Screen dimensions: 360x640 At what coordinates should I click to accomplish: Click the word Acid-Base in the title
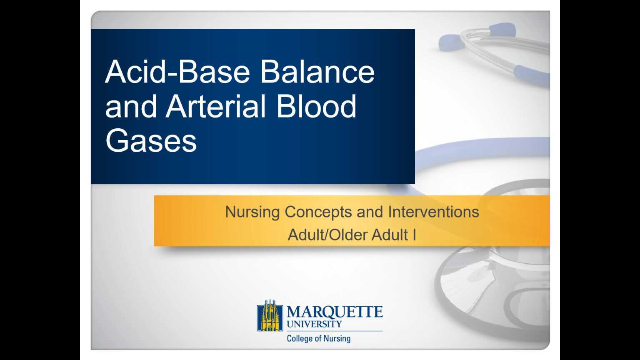(177, 72)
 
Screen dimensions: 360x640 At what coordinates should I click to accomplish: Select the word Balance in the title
(317, 72)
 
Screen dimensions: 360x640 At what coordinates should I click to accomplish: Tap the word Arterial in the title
(215, 106)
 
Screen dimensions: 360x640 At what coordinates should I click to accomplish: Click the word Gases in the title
(151, 141)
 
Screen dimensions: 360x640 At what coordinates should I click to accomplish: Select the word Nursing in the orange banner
(252, 212)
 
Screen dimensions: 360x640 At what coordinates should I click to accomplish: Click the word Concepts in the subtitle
(318, 212)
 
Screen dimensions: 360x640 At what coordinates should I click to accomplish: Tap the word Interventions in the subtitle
(433, 212)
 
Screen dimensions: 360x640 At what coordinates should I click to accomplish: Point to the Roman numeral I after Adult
(414, 235)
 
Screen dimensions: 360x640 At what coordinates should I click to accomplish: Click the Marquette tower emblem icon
(270, 316)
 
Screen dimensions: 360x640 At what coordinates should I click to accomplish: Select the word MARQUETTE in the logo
(335, 312)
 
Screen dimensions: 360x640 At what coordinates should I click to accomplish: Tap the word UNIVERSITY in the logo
(315, 324)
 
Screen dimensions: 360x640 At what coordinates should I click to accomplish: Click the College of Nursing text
(319, 338)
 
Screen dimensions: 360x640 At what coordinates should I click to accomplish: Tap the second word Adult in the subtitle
(390, 235)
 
